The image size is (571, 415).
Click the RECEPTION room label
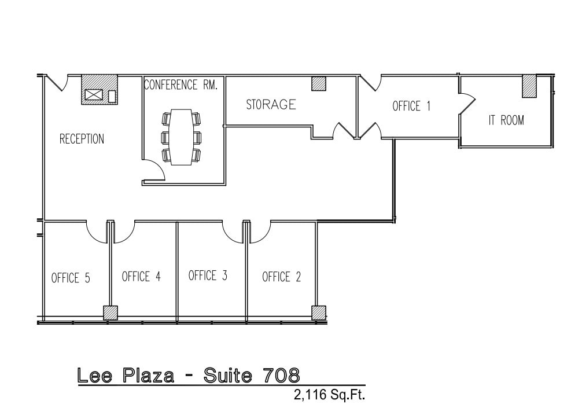[x=82, y=139]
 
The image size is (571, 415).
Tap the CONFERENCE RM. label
[x=180, y=85]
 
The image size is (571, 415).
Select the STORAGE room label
[x=271, y=105]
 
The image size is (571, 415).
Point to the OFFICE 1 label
[x=411, y=106]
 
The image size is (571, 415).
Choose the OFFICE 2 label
[x=281, y=277]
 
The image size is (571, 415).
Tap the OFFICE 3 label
[x=208, y=276]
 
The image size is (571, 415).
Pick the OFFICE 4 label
[x=141, y=277]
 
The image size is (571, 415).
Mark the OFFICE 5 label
[x=71, y=278]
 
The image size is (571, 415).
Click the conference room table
[x=182, y=137]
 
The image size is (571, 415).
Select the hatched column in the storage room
[x=319, y=83]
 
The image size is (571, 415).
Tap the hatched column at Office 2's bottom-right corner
[x=319, y=313]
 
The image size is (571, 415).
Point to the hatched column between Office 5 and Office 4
[x=110, y=313]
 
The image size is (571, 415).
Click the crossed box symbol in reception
[x=93, y=94]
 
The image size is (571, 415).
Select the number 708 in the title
[x=280, y=376]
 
